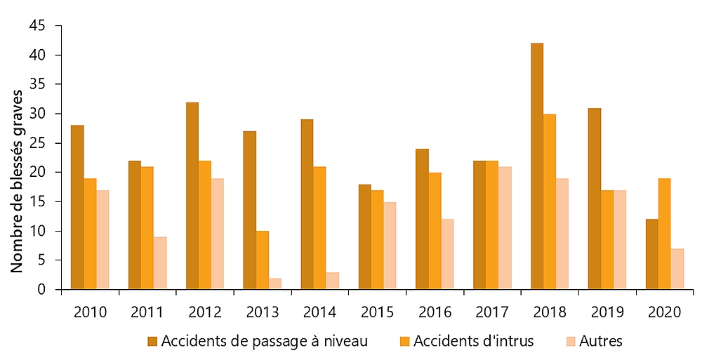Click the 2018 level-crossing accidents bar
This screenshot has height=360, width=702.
tap(537, 166)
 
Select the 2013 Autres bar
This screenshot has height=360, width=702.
tap(276, 284)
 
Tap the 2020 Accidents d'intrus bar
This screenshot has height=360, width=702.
tap(665, 234)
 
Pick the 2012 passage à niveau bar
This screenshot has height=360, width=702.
tap(192, 196)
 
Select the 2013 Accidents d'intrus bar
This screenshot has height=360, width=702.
tap(263, 260)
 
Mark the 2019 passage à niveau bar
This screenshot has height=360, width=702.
tap(595, 199)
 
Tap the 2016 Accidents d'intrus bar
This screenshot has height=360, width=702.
tap(435, 231)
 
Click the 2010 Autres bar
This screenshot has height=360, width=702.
tap(103, 239)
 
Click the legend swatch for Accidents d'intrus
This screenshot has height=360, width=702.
tap(406, 342)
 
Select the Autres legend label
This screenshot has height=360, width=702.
tap(602, 342)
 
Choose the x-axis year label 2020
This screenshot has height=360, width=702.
tap(665, 311)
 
